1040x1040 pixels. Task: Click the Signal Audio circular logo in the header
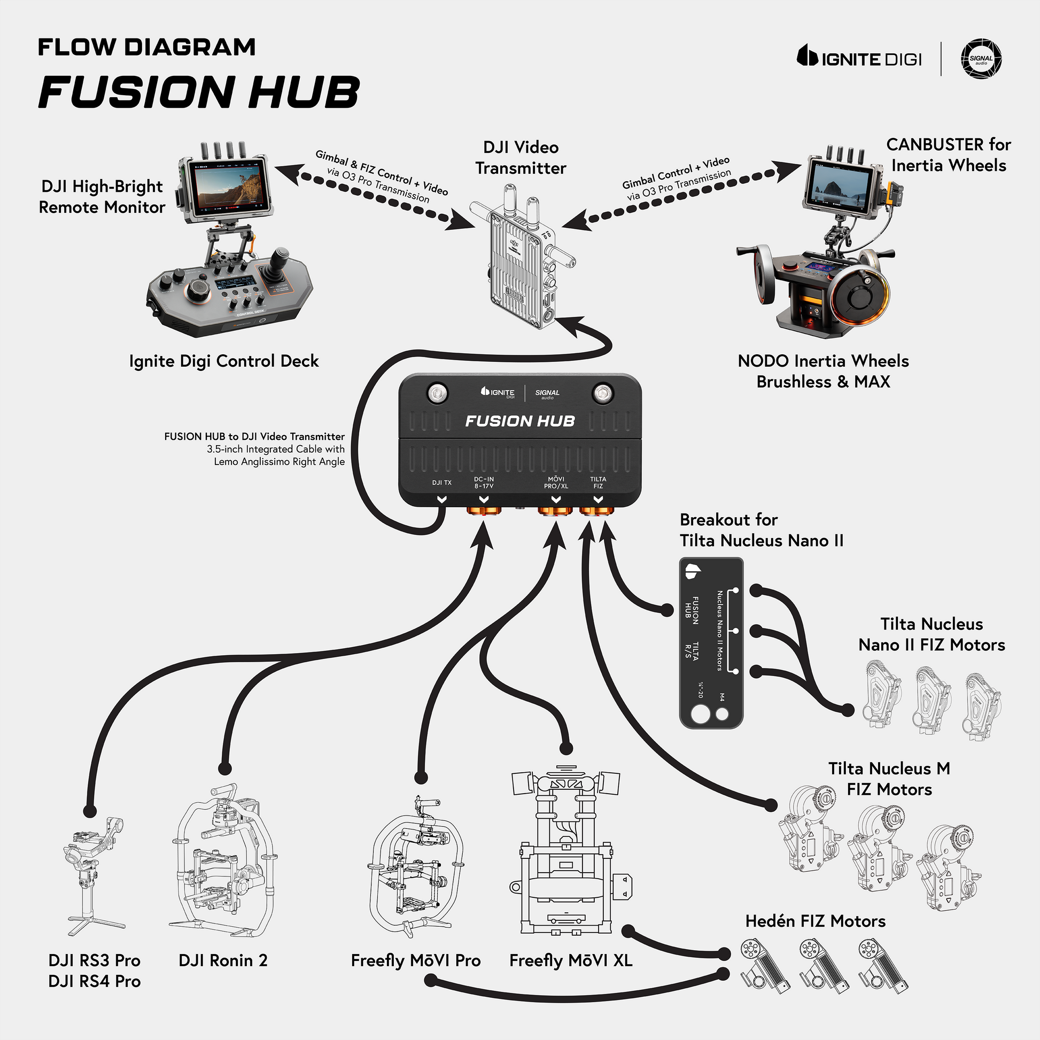[981, 59]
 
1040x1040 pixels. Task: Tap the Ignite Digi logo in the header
[859, 58]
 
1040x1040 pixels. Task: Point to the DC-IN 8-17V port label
[484, 482]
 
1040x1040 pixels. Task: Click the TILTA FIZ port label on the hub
[597, 482]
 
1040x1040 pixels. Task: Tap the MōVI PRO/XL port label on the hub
[555, 482]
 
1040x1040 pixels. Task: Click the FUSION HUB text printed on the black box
[520, 421]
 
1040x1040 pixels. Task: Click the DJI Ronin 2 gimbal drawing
[223, 862]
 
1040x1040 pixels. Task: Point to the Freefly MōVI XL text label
[571, 960]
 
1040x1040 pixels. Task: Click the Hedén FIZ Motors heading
[815, 921]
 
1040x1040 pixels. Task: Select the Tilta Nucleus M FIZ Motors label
[889, 778]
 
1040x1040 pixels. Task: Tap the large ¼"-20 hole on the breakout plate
[700, 715]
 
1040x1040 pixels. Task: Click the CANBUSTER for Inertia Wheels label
[949, 154]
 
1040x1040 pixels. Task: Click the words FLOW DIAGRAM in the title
[146, 48]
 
